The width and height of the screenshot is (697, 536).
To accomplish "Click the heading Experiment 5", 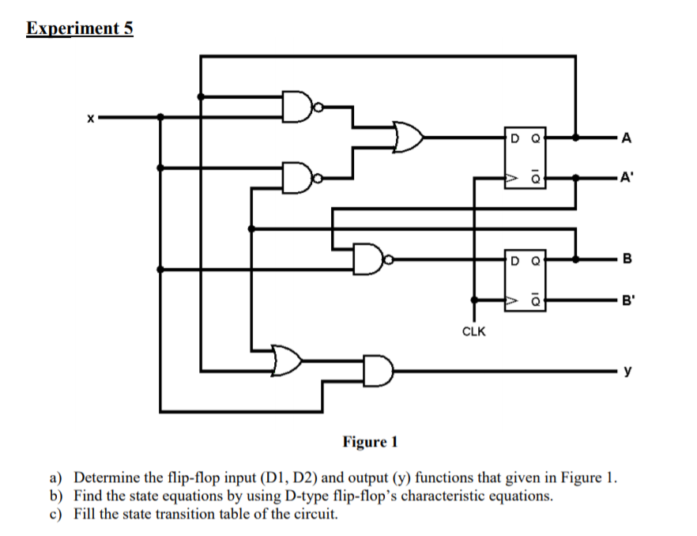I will pos(80,29).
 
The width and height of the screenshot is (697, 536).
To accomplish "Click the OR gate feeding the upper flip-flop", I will pos(407,137).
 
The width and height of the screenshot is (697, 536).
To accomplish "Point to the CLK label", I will pos(473,332).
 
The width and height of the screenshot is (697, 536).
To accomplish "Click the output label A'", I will pos(627,178).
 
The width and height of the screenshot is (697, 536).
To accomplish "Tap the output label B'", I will pos(627,300).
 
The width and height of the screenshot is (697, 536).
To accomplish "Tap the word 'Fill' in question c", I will pos(85,514).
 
